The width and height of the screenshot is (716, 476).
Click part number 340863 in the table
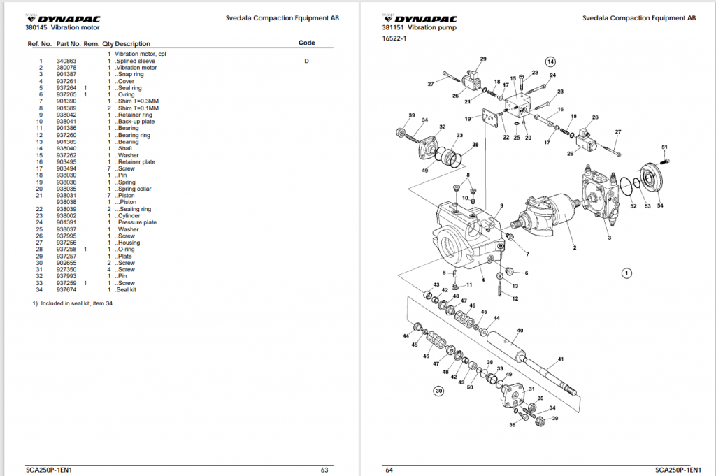(x=66, y=61)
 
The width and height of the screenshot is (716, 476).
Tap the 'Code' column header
(x=307, y=43)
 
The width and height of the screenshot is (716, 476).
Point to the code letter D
(x=306, y=61)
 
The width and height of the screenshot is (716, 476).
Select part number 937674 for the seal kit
(x=66, y=289)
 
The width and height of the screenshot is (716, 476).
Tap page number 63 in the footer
(x=324, y=470)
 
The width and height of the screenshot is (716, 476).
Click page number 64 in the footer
(x=389, y=470)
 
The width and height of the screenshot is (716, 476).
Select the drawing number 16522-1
(x=394, y=39)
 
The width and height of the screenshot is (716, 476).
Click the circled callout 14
(x=550, y=61)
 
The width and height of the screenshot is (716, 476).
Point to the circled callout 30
(x=439, y=391)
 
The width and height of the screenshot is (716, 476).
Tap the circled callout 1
(x=627, y=273)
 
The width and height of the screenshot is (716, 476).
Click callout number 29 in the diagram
(x=483, y=59)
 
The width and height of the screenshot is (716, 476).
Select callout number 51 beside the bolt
(x=664, y=147)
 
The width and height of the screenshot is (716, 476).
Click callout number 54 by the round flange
(x=661, y=206)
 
